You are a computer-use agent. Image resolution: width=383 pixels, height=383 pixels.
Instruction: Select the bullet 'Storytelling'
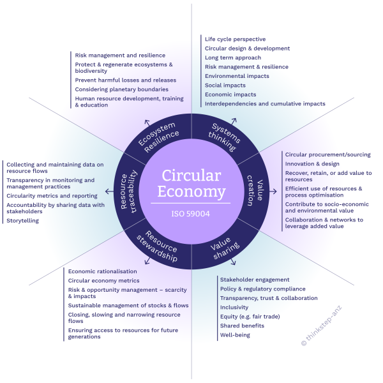[x=22, y=220]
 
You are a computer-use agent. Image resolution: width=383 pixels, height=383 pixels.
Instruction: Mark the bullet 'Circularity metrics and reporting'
[x=52, y=195]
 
